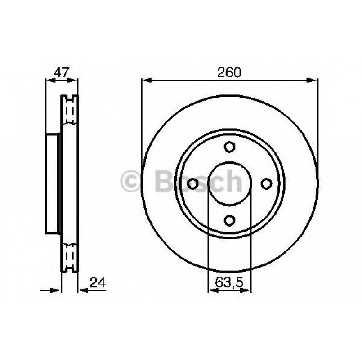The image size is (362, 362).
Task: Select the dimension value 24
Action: [x=98, y=283]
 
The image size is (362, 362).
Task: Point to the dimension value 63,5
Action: [x=229, y=283]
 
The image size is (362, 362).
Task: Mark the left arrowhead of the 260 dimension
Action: [x=146, y=80]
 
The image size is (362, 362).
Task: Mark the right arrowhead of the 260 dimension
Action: [x=314, y=80]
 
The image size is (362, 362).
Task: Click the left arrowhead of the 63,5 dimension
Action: [x=212, y=290]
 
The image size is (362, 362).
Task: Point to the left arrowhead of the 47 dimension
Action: [x=50, y=80]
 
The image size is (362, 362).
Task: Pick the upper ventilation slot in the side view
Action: [x=69, y=110]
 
